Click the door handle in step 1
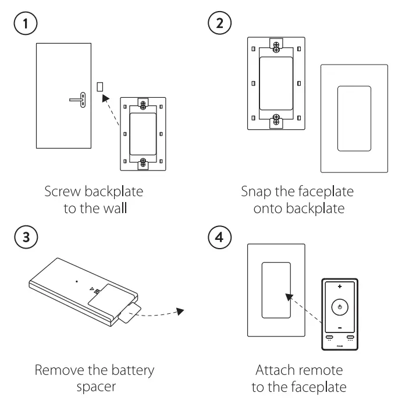tap(78, 100)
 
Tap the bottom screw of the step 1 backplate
tap(143, 162)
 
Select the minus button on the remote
tap(340, 327)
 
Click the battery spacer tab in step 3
tap(129, 313)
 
